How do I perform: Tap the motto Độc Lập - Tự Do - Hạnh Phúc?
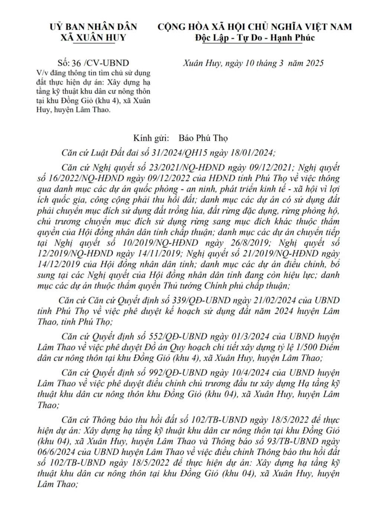(255, 37)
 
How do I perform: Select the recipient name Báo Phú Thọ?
(203, 138)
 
